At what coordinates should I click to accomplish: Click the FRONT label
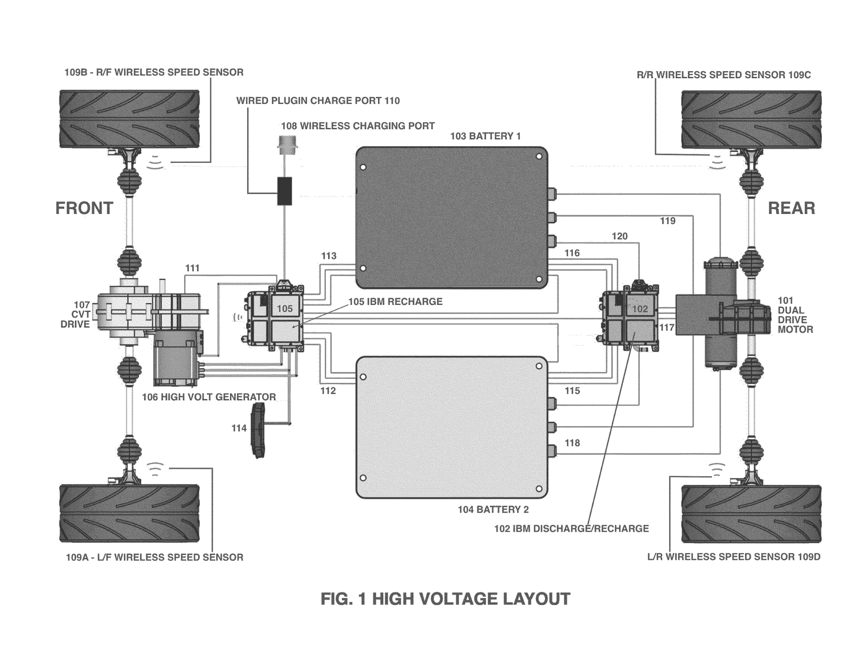pyautogui.click(x=84, y=208)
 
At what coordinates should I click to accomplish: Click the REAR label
pyautogui.click(x=791, y=208)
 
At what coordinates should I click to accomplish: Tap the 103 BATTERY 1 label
pyautogui.click(x=485, y=136)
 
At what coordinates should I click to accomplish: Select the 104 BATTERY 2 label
pyautogui.click(x=493, y=509)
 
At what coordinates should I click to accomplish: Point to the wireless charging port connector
pyautogui.click(x=286, y=146)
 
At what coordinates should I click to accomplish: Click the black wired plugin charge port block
pyautogui.click(x=284, y=191)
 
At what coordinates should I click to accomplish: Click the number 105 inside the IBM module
pyautogui.click(x=284, y=309)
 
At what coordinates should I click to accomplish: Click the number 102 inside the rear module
pyautogui.click(x=640, y=309)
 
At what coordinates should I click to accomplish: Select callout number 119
pyautogui.click(x=667, y=221)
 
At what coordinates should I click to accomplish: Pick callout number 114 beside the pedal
pyautogui.click(x=239, y=428)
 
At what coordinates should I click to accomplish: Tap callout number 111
pyautogui.click(x=192, y=268)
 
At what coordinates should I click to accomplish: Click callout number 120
pyautogui.click(x=619, y=236)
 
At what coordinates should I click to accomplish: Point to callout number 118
pyautogui.click(x=572, y=443)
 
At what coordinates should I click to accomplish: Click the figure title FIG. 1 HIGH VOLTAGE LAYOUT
pyautogui.click(x=445, y=599)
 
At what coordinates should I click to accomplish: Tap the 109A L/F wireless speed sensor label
pyautogui.click(x=154, y=557)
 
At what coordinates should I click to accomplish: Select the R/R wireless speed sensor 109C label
pyautogui.click(x=723, y=75)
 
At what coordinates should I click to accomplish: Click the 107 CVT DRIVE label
pyautogui.click(x=75, y=314)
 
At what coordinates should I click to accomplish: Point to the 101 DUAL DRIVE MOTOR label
pyautogui.click(x=795, y=315)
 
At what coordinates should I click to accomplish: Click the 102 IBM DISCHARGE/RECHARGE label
pyautogui.click(x=571, y=528)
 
